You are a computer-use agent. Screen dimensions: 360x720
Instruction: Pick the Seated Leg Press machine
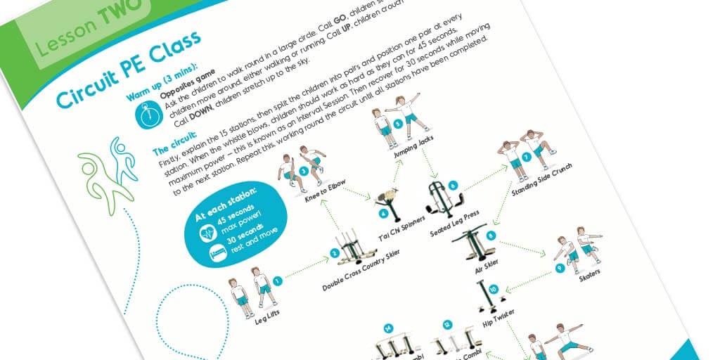tap(442, 200)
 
